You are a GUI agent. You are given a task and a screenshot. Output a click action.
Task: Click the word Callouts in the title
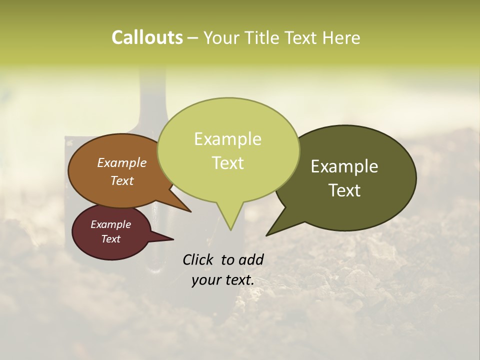tap(147, 37)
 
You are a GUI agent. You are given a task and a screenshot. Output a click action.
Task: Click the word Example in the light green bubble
tap(227, 139)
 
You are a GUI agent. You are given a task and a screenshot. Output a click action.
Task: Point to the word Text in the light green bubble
tap(228, 163)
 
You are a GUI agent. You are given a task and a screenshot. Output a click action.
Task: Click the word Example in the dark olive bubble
tap(344, 166)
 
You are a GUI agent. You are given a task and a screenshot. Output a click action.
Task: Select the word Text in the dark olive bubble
tap(344, 190)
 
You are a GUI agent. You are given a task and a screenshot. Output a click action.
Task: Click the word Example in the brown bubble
tap(121, 162)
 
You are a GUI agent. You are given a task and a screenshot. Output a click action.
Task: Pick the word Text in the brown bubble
tap(121, 181)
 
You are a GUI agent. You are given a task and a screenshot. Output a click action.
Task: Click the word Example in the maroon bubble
tap(110, 224)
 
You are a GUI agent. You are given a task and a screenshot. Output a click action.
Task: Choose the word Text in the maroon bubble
tap(110, 239)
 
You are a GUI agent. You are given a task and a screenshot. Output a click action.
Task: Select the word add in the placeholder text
tap(251, 259)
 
